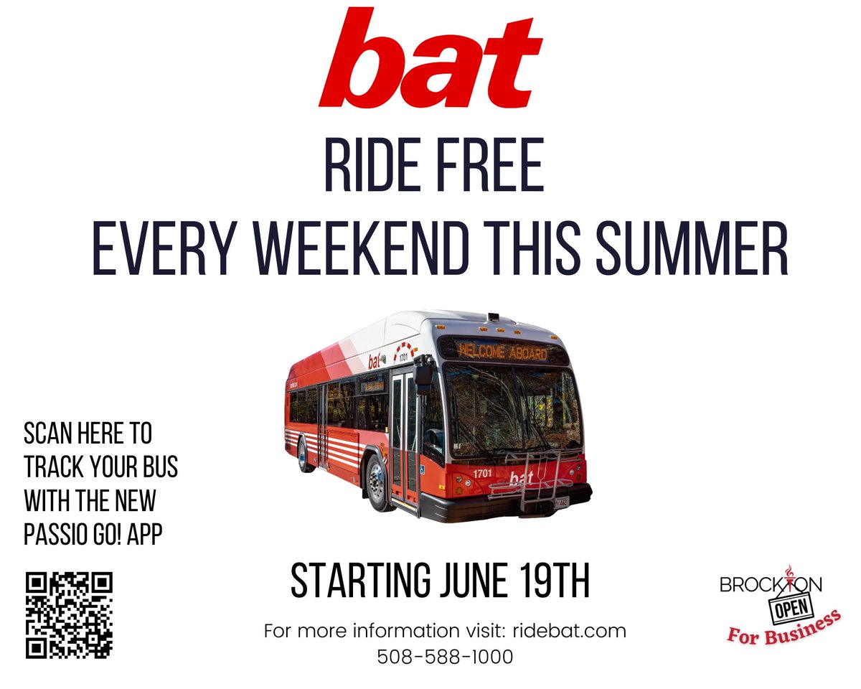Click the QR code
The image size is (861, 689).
70,614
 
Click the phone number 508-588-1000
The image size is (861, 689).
445,657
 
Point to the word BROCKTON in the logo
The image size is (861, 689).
771,585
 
